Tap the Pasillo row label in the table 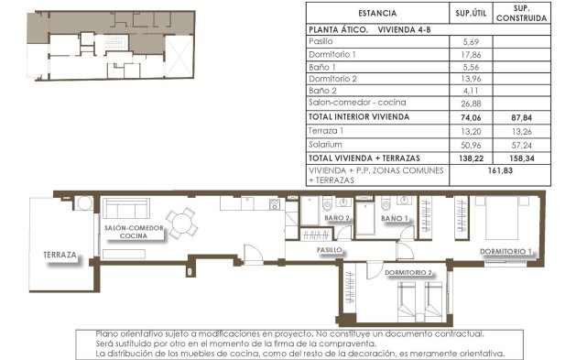coord(321,41)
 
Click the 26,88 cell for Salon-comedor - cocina coord(473,104)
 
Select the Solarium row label coord(326,144)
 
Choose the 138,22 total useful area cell coord(473,158)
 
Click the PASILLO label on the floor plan coord(330,249)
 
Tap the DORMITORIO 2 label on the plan coord(408,273)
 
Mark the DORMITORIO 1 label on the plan coord(506,251)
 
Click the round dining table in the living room coord(186,221)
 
